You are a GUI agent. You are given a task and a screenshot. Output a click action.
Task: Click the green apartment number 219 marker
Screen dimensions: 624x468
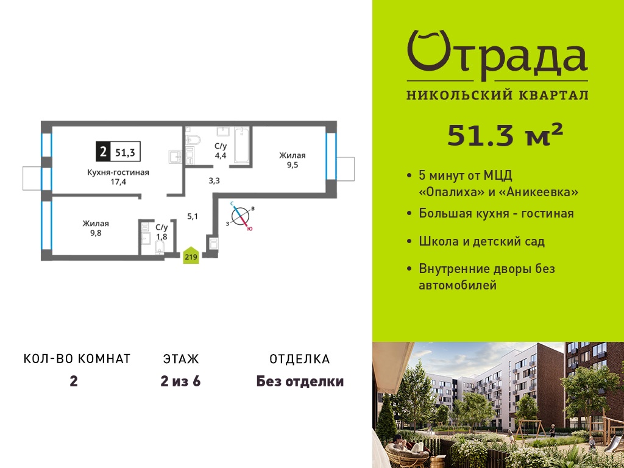(191, 255)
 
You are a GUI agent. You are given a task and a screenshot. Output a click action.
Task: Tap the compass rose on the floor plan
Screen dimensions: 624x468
(240, 216)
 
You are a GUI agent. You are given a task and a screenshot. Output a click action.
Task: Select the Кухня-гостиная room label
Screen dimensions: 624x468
(118, 172)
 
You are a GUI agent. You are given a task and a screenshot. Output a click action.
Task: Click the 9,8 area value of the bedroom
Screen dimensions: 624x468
(96, 233)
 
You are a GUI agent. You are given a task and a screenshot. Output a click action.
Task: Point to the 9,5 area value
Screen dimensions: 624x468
(292, 165)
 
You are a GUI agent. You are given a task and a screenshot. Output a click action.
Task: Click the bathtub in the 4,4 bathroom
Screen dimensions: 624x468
(241, 145)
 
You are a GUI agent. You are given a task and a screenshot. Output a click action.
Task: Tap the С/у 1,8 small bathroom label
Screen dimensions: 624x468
(161, 232)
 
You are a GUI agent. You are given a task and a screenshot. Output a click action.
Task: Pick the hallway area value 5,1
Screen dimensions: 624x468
(193, 216)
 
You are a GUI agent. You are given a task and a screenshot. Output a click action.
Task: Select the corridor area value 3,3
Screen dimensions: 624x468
(214, 180)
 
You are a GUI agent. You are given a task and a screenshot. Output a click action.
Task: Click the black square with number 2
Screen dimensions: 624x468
(103, 152)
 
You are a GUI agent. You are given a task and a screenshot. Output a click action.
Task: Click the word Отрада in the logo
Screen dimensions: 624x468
(497, 55)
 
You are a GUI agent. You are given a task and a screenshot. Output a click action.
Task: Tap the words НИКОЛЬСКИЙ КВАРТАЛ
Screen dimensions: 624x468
(497, 95)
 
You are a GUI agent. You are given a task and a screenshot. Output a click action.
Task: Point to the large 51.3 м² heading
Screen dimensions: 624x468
(505, 135)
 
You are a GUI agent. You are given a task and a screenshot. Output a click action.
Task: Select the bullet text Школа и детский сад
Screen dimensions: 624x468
(482, 241)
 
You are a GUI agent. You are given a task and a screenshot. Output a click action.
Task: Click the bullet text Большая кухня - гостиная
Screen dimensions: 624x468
(496, 213)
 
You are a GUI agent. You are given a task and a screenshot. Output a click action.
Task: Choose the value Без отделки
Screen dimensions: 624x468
(300, 381)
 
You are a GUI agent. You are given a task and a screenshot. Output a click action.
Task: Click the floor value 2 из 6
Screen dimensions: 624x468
(180, 381)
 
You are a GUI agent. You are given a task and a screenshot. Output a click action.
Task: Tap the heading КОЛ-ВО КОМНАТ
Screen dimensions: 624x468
(77, 358)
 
